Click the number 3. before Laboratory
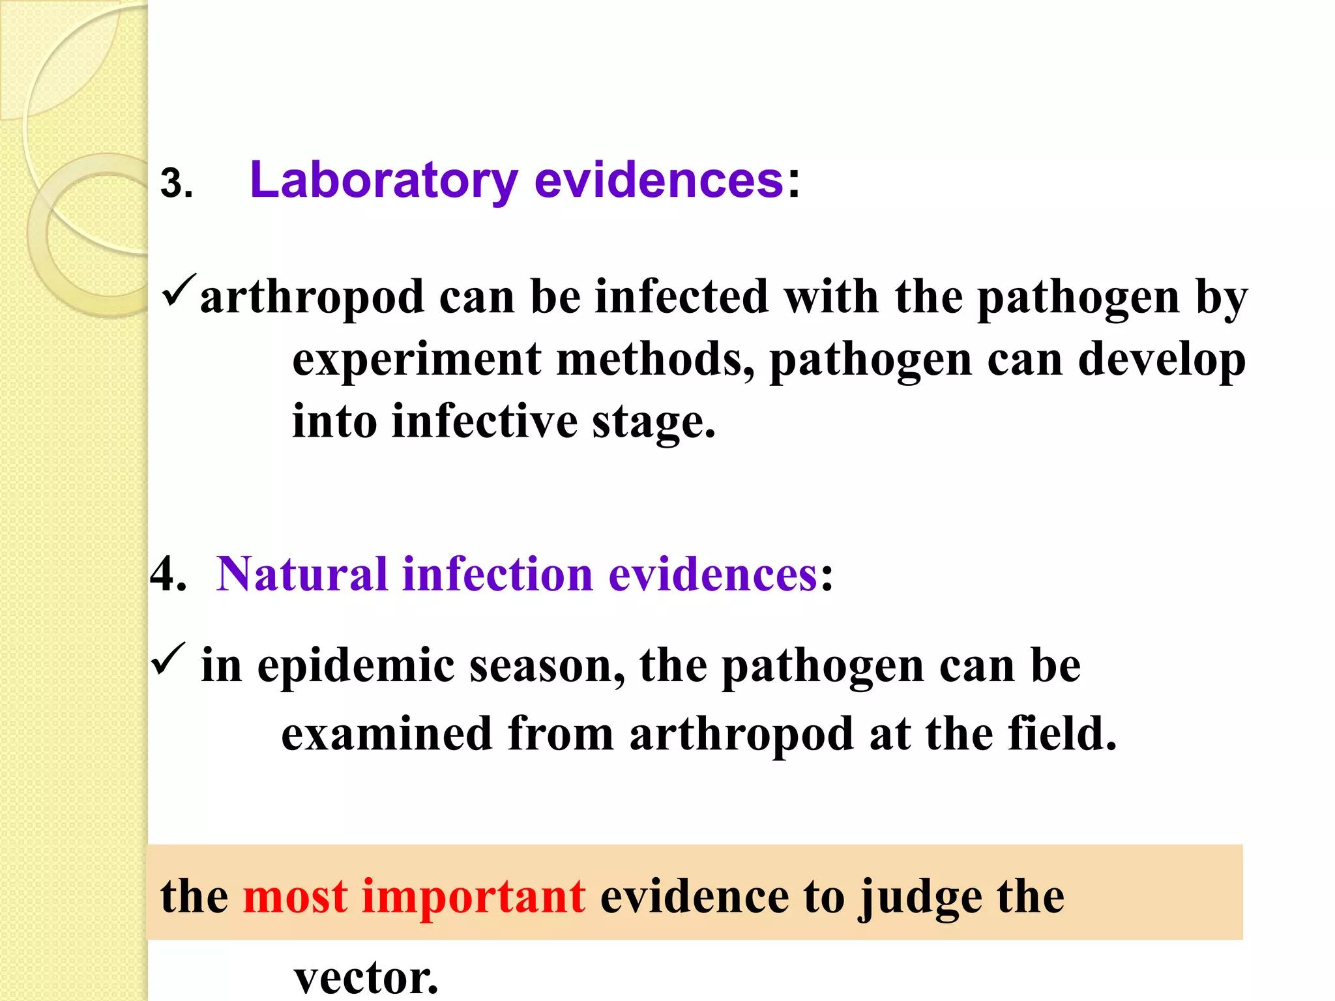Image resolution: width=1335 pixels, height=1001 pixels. [176, 184]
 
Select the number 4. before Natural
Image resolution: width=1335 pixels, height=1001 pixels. [168, 575]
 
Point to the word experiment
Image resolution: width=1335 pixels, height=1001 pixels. [416, 360]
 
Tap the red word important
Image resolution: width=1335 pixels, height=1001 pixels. [473, 897]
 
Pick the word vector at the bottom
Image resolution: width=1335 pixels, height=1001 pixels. [365, 978]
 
